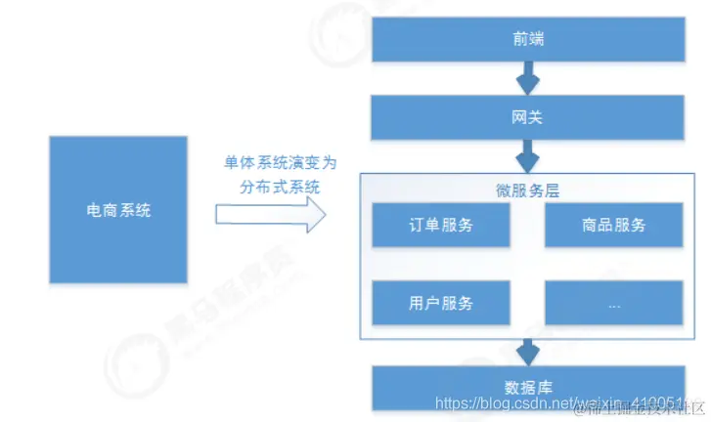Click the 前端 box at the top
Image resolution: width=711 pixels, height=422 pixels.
point(528,39)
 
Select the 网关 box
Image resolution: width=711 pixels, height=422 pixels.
point(528,118)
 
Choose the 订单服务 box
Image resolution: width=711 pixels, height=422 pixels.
point(440,226)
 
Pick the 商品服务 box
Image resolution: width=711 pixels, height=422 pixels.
point(613,226)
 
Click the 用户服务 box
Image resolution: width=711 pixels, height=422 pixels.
point(440,303)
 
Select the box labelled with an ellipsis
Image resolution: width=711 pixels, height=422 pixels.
point(613,303)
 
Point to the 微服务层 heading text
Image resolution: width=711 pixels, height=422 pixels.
point(528,190)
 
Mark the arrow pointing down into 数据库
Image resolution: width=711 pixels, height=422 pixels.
point(528,350)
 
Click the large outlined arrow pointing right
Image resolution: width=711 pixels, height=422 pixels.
point(269,214)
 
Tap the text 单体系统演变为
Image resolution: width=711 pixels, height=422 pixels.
point(269,160)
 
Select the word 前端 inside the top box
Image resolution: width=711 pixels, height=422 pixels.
point(528,39)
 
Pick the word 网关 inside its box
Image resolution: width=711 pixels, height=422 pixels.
point(528,118)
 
